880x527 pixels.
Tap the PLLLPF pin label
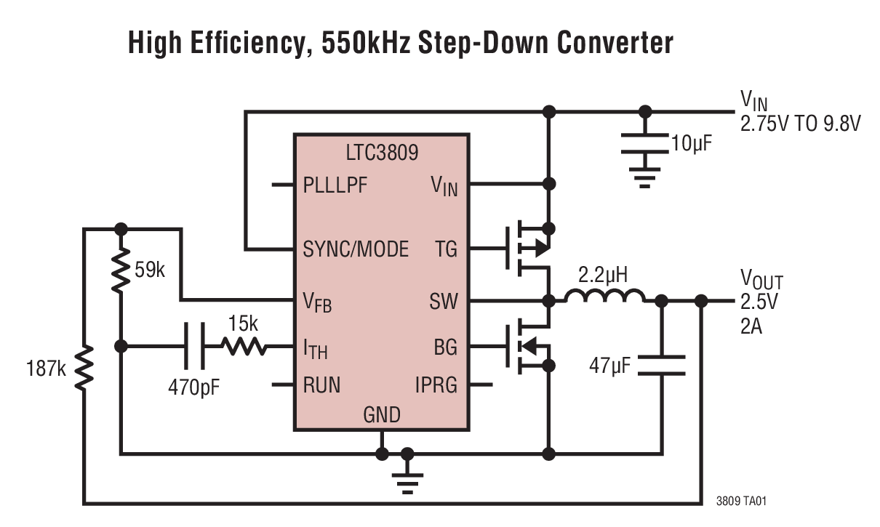[335, 185]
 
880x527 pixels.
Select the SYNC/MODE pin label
[356, 249]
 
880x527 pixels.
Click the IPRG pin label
[436, 384]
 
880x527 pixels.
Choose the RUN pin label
[321, 384]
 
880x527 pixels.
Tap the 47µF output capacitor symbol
[662, 365]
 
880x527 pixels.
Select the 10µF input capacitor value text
[690, 143]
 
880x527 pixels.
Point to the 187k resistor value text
[44, 369]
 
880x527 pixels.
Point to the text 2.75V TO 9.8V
[800, 123]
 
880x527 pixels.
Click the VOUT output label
[761, 279]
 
